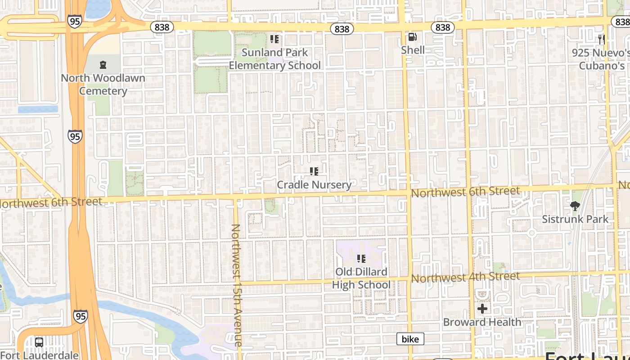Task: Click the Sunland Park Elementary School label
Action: coord(274,59)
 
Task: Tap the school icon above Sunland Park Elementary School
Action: coord(274,39)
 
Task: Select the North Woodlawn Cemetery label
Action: coord(103,85)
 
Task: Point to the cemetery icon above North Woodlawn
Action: coord(103,65)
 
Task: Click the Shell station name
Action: coord(413,50)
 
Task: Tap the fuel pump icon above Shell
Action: coord(412,37)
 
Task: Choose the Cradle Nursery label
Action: coord(314,184)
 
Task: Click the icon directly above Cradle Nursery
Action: coord(314,171)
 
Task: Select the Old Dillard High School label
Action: coord(361,278)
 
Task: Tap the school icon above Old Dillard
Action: coord(361,259)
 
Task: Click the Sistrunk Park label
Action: coord(575,219)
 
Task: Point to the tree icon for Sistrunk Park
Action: coord(575,206)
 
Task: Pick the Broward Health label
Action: coord(482,322)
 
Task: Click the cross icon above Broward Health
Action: coord(482,309)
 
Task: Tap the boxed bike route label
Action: coord(410,339)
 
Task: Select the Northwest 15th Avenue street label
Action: coord(237,285)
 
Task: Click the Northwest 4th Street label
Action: coord(465,277)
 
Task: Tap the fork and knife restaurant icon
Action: coord(602,39)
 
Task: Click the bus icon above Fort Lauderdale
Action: coord(39,342)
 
